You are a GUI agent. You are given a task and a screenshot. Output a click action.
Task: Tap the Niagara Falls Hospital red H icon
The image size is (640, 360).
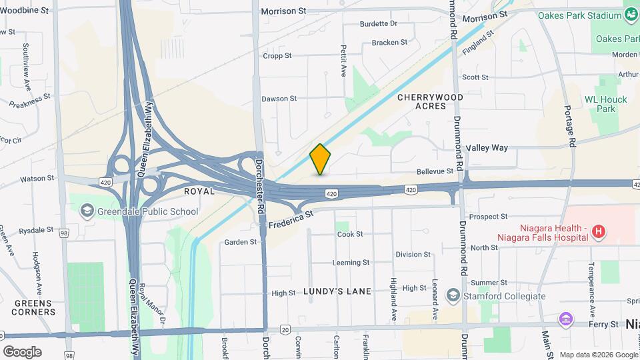[599, 231]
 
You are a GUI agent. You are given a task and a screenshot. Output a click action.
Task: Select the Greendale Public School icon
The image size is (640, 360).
[87, 212]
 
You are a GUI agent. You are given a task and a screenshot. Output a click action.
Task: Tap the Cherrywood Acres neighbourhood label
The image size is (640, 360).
[430, 101]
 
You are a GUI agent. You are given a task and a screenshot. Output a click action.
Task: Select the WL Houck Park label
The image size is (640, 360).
[606, 104]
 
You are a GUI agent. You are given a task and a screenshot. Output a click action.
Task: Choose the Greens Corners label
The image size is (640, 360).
[32, 307]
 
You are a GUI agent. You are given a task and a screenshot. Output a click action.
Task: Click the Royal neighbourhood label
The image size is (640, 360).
[199, 191]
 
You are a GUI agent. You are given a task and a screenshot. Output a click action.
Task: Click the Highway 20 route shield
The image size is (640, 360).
[285, 329]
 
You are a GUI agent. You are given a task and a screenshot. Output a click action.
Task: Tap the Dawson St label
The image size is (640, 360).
[279, 99]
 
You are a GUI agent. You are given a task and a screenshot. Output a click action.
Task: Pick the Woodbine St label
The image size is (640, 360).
[25, 11]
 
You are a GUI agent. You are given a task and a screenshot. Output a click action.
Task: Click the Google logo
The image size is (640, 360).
[22, 351]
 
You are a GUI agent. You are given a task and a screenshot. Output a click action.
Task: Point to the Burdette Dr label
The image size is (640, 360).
[378, 23]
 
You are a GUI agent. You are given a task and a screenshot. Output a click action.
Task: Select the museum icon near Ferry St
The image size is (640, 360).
[566, 321]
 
